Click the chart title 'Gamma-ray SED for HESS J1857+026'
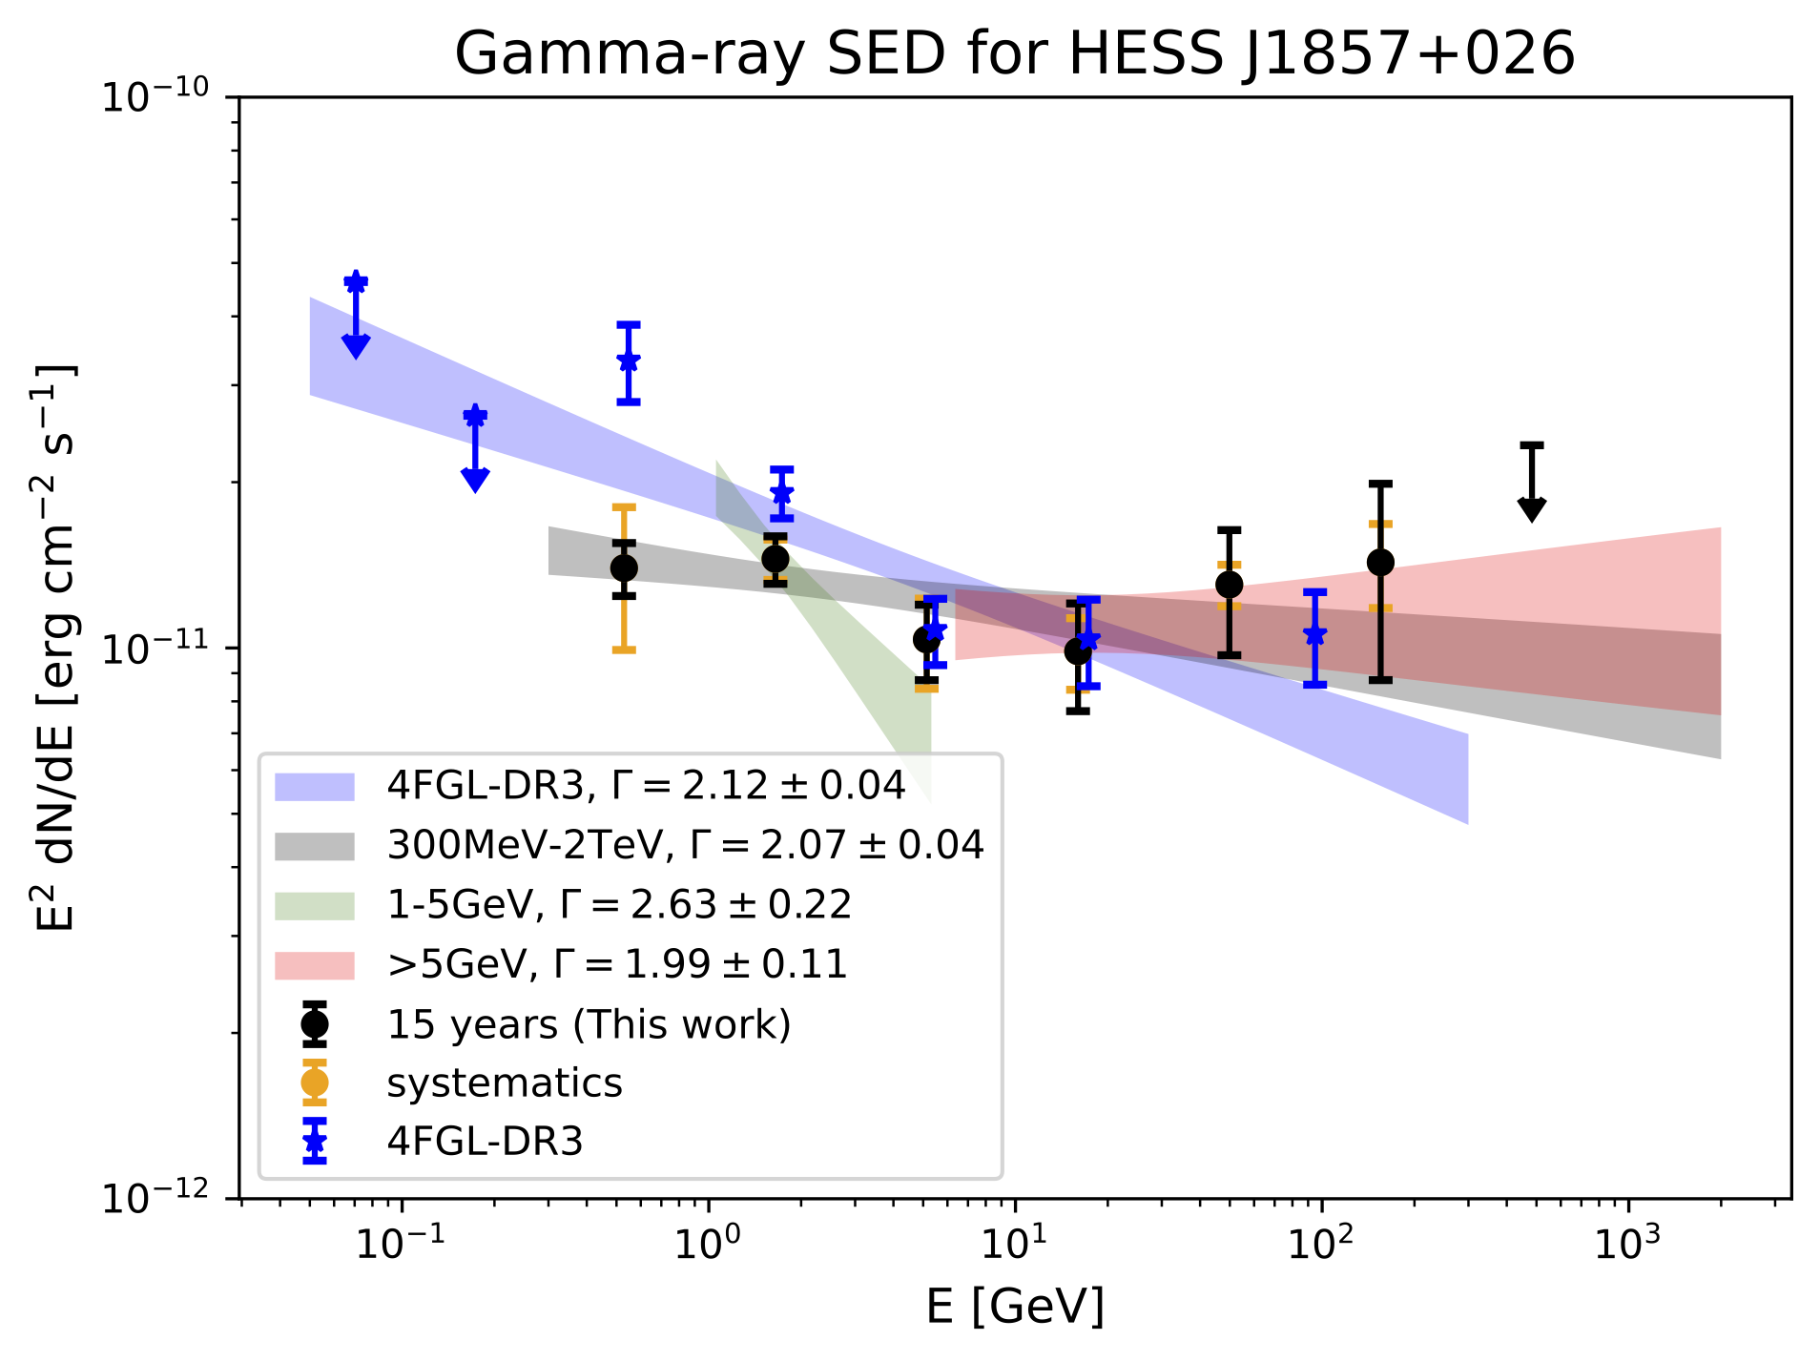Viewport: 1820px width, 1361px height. [x=1014, y=52]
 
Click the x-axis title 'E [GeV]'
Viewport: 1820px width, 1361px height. [x=1015, y=1306]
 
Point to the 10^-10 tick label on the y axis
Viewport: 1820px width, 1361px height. [x=155, y=96]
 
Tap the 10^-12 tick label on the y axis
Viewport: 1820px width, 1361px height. [x=155, y=1197]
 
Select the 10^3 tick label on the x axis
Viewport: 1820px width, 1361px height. [x=1629, y=1241]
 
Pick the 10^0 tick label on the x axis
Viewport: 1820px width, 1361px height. [x=709, y=1241]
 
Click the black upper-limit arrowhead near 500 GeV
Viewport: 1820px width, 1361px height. [x=1531, y=509]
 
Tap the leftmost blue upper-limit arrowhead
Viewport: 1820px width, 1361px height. [x=356, y=346]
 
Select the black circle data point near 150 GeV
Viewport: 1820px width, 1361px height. [x=1380, y=563]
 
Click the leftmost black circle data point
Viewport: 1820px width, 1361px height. [x=624, y=568]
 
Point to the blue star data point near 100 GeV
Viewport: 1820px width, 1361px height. [x=1315, y=635]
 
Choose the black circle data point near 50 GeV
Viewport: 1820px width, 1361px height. [x=1229, y=585]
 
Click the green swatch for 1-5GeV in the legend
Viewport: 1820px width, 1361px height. [x=315, y=905]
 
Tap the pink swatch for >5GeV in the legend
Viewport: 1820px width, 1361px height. [x=315, y=965]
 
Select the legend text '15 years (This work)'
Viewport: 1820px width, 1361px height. [x=589, y=1024]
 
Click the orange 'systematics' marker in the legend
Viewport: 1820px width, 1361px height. [x=315, y=1083]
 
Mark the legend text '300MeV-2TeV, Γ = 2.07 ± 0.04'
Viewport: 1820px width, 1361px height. [x=685, y=845]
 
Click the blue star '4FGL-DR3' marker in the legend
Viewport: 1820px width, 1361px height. [x=315, y=1142]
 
